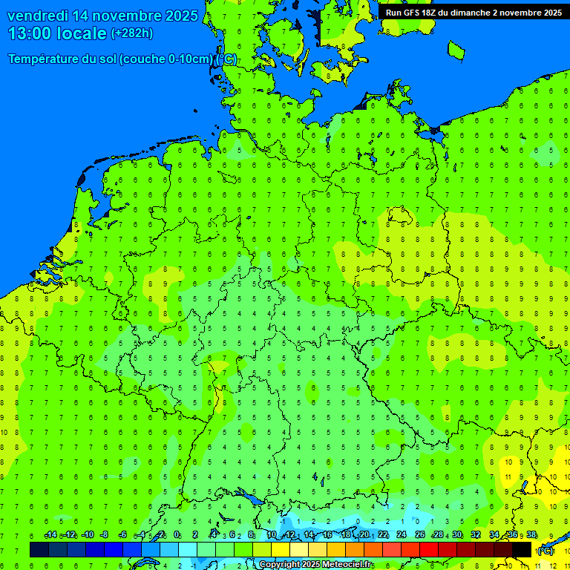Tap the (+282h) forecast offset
132,33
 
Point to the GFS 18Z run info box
473,12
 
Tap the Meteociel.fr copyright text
315,565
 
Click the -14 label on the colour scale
50,535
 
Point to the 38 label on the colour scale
531,535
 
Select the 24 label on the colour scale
402,535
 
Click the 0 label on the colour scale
177,535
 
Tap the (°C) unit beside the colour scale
546,550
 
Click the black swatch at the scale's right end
522,549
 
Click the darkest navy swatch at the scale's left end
39,549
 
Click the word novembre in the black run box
518,12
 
